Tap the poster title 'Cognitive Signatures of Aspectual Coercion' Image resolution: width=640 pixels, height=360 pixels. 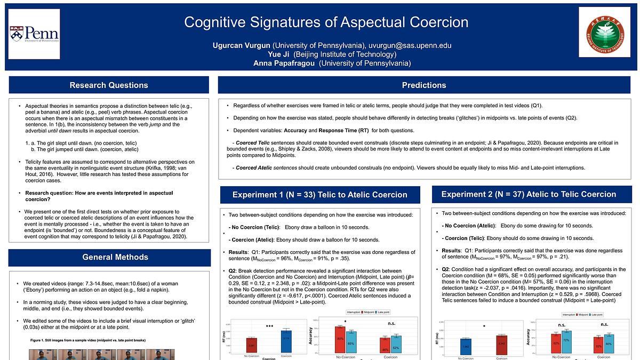[326, 22]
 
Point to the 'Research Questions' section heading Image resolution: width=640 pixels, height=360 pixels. [109, 85]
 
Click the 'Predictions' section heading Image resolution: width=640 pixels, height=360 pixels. [424, 85]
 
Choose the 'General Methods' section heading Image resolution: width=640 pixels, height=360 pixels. [115, 257]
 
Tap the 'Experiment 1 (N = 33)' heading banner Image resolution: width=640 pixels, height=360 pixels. [319, 195]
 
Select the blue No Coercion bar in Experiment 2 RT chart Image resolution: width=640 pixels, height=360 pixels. [466, 347]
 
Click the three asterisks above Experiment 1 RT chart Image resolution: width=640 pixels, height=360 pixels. [269, 325]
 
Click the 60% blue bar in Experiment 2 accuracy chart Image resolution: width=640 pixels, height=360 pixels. [608, 345]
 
